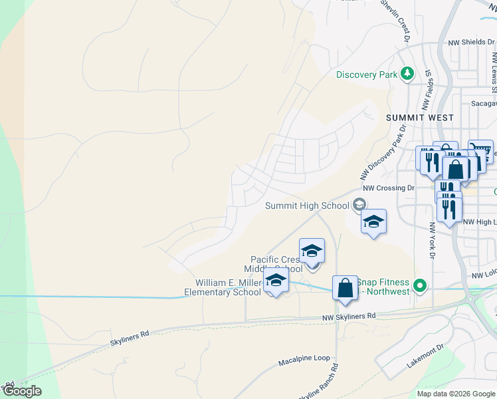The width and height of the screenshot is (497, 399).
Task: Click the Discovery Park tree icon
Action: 408,74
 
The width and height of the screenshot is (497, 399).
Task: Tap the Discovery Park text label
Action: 366,74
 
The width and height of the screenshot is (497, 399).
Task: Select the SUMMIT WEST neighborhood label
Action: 419,118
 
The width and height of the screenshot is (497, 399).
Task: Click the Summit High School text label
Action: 307,205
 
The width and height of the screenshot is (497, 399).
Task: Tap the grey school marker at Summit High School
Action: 359,205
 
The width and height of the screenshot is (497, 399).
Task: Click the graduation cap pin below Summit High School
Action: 373,222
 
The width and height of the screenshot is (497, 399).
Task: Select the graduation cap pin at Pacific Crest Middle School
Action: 312,252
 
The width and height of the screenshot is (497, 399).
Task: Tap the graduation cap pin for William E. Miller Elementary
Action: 276,280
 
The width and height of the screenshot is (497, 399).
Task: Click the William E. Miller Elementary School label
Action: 223,287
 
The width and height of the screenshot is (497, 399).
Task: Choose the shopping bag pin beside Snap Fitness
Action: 345,289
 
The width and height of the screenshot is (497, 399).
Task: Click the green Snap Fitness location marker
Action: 419,287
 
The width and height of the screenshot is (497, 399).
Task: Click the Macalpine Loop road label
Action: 303,358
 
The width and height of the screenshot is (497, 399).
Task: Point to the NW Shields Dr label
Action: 468,42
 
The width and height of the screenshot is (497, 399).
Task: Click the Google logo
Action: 22,391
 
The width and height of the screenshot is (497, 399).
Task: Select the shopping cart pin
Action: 480,151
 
